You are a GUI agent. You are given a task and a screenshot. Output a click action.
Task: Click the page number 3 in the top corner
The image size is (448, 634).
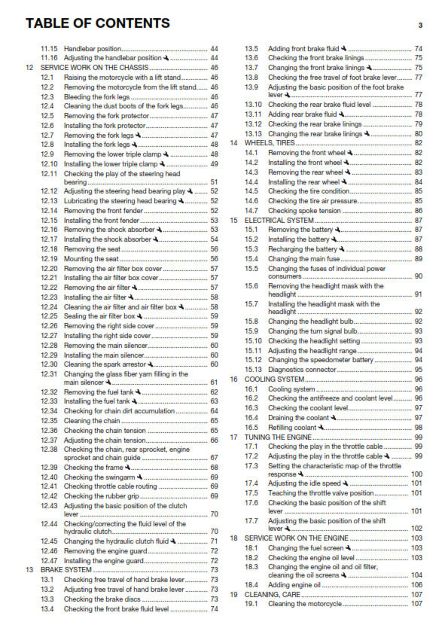point(420,25)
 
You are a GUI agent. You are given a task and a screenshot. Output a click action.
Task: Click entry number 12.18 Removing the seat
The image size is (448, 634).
point(92,248)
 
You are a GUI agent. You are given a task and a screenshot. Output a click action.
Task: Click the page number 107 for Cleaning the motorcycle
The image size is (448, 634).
point(416,604)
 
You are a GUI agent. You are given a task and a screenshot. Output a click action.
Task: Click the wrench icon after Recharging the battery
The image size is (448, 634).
point(341,248)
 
